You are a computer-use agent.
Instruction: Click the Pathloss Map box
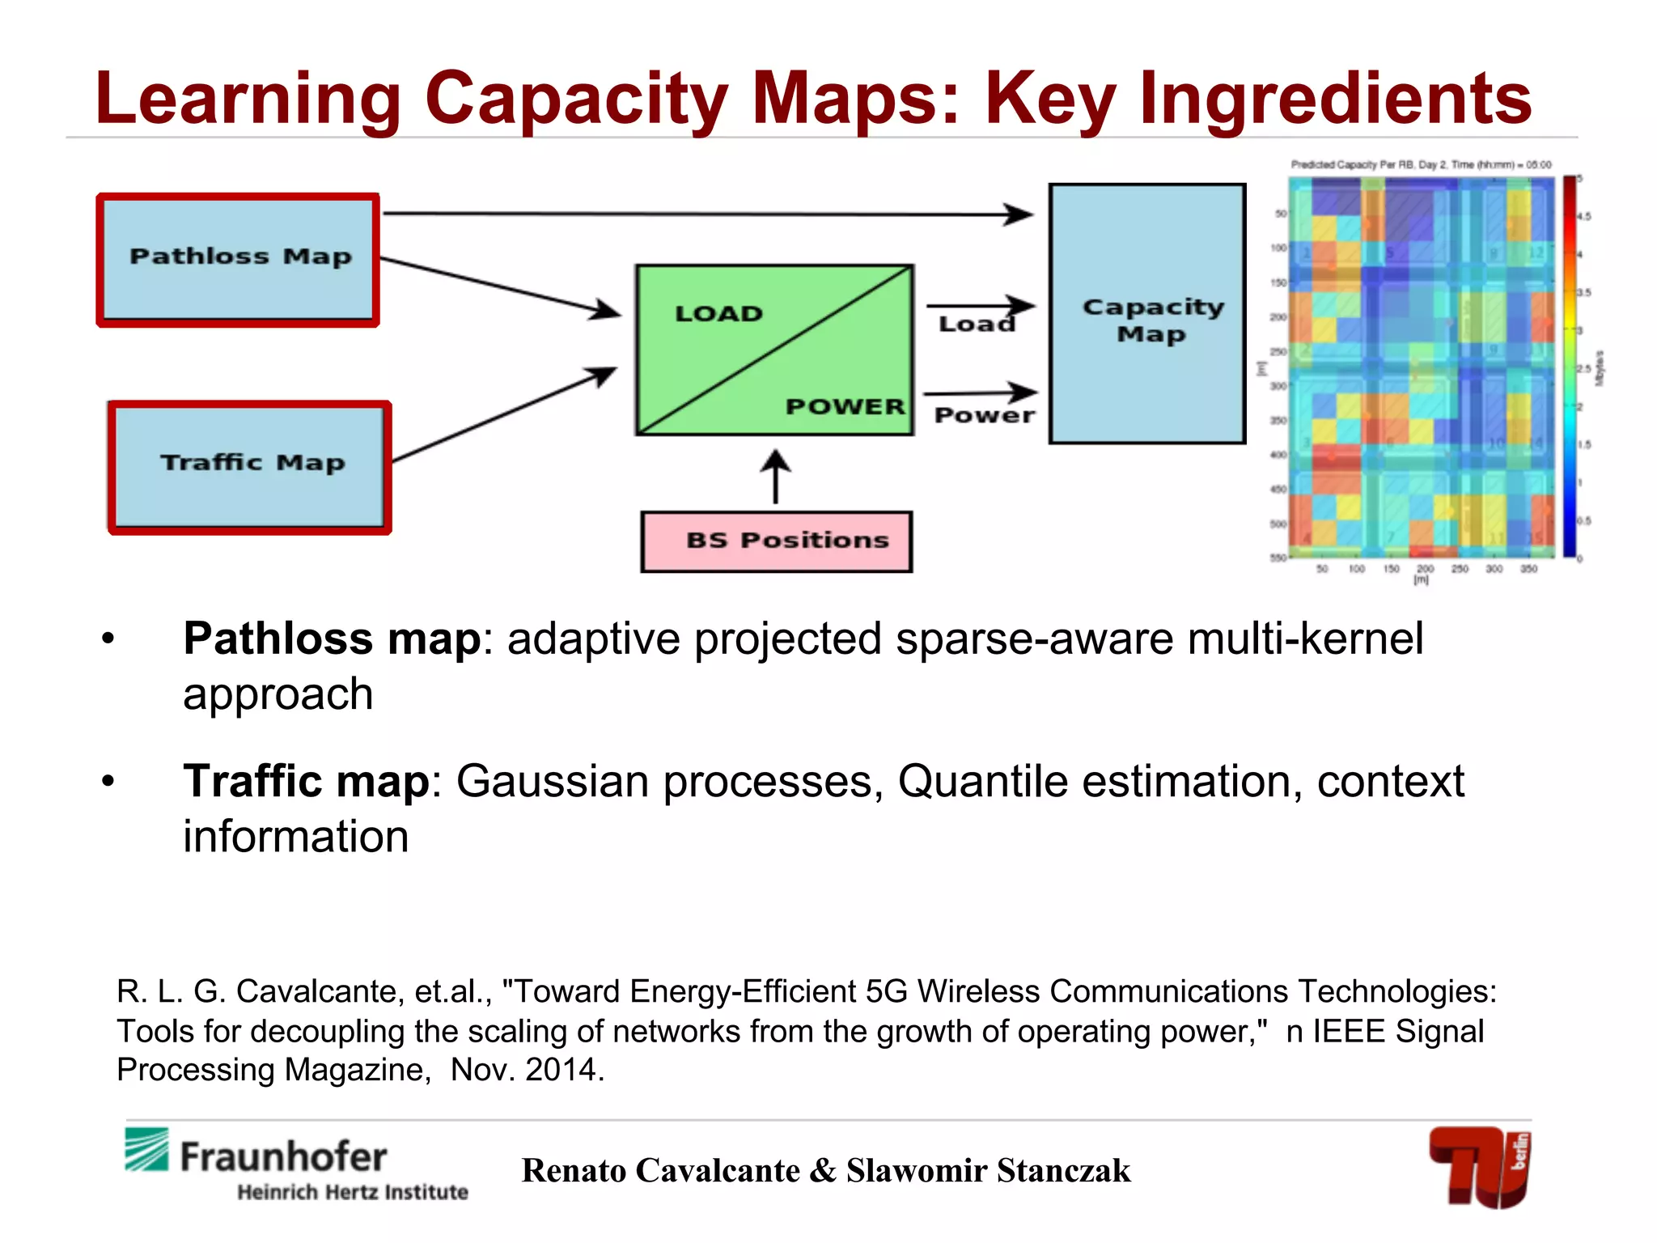238,259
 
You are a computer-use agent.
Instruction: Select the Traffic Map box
249,467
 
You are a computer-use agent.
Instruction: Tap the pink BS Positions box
776,541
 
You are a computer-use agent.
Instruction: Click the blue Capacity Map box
1146,314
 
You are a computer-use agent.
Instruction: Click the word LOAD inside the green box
718,314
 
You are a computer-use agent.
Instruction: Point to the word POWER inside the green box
845,406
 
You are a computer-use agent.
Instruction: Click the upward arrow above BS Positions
776,476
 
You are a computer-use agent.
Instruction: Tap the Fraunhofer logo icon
146,1149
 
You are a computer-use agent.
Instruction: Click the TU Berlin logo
1480,1166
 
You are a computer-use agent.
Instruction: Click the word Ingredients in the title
1335,99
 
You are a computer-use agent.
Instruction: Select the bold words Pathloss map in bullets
332,638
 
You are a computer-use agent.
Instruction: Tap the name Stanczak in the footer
1063,1171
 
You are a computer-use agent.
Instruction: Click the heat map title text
1420,164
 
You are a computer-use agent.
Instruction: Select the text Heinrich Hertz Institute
352,1192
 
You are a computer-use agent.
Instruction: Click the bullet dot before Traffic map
108,782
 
